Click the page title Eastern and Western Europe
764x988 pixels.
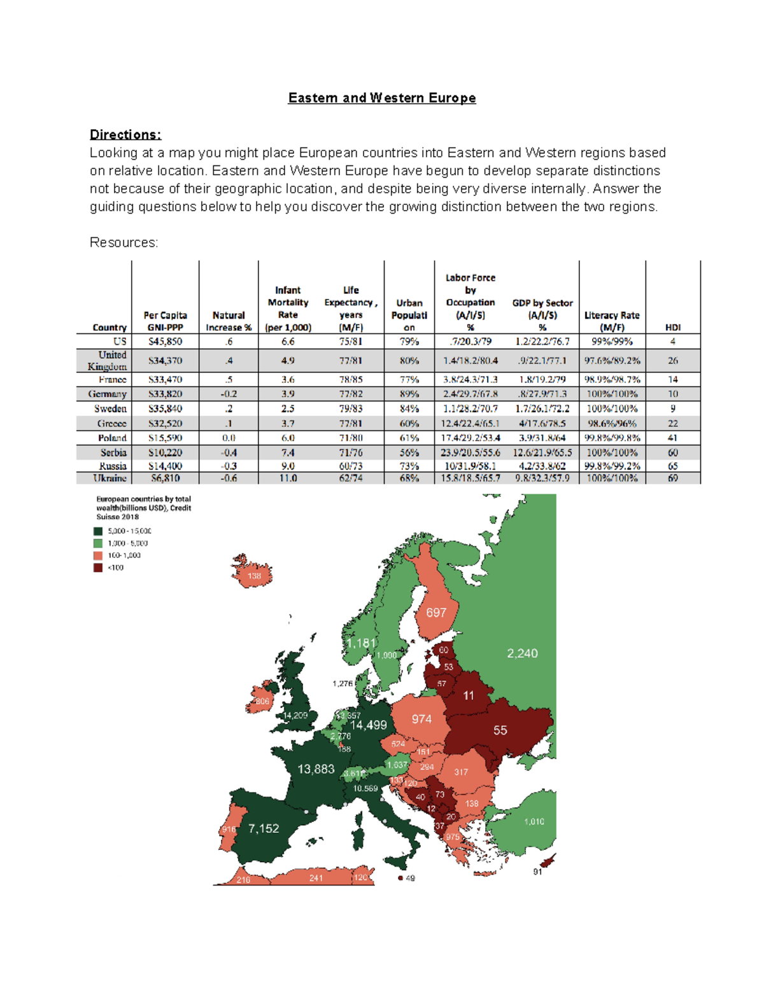[381, 98]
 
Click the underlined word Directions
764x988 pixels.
[125, 135]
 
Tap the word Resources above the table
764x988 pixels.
[124, 242]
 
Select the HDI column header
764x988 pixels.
[672, 327]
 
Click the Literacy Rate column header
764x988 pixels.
[611, 321]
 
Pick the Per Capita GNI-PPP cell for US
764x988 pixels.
[165, 342]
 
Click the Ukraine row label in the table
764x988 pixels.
[110, 478]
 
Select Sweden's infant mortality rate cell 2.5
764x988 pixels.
[288, 408]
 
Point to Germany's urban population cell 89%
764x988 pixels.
[409, 394]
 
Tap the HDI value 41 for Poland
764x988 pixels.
[672, 438]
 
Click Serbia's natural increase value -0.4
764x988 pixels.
[228, 452]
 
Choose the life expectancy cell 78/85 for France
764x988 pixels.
[350, 379]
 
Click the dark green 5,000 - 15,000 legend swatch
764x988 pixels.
[98, 531]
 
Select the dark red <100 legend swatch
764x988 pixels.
[98, 567]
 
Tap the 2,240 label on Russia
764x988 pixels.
[522, 653]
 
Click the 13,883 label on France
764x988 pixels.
[316, 769]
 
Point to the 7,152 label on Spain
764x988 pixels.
[264, 828]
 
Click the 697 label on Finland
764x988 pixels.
[436, 613]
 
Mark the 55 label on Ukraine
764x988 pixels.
[500, 730]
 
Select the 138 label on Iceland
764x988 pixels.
[254, 576]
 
